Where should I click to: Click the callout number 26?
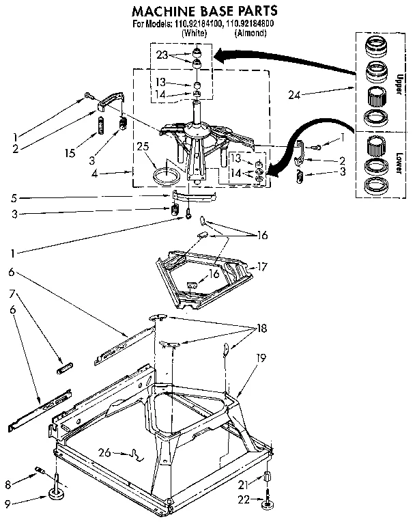104,452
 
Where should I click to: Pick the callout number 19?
260,357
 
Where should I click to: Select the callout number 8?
9,484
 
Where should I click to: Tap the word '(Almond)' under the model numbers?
250,33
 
